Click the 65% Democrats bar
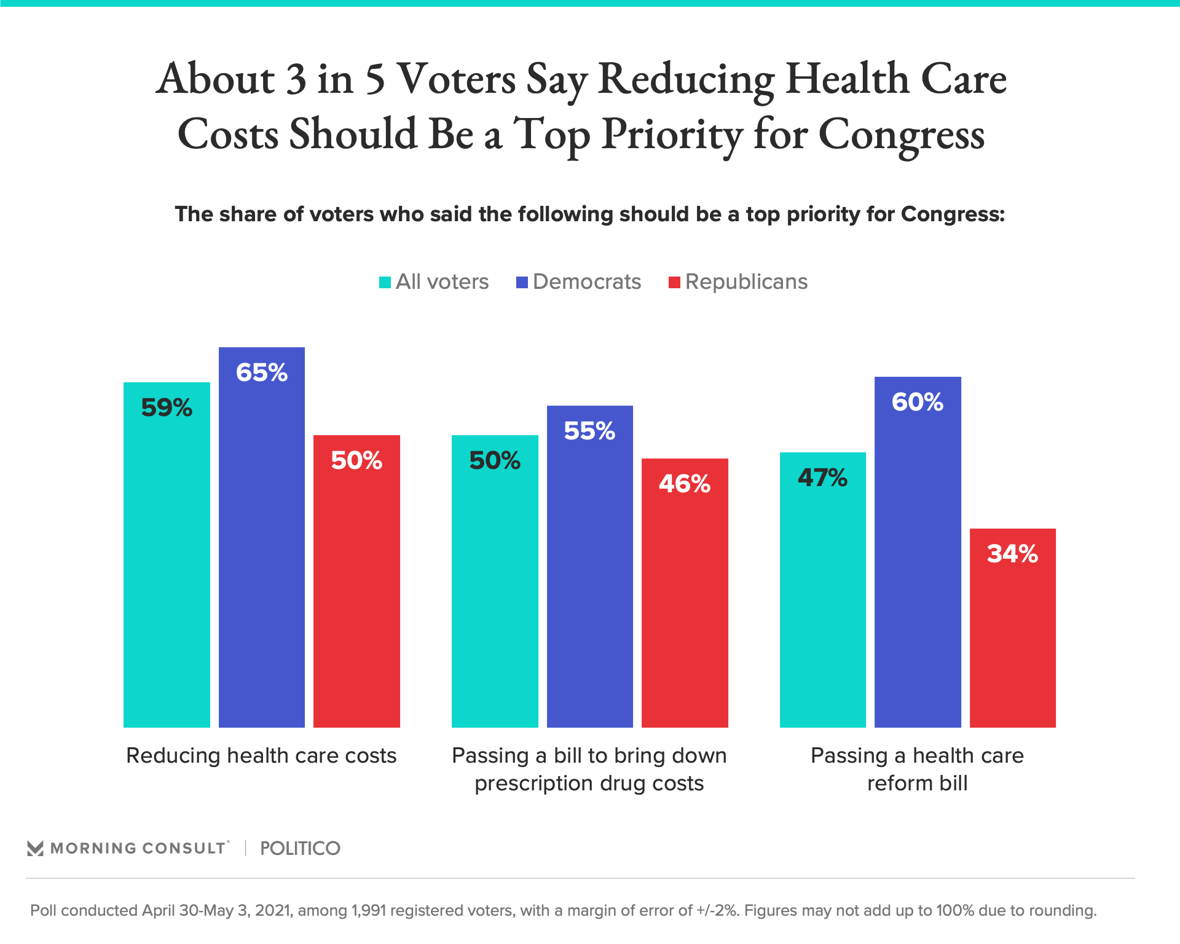262,538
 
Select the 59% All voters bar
167,555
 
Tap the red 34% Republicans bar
1012,628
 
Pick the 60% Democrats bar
918,552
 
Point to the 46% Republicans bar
685,593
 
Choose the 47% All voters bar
822,590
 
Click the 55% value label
589,431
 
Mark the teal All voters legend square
385,283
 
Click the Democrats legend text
587,281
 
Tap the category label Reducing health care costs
261,755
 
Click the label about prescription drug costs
589,769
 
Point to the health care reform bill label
917,769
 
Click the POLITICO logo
300,849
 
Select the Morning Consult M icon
36,849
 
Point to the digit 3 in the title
296,79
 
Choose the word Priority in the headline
672,134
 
